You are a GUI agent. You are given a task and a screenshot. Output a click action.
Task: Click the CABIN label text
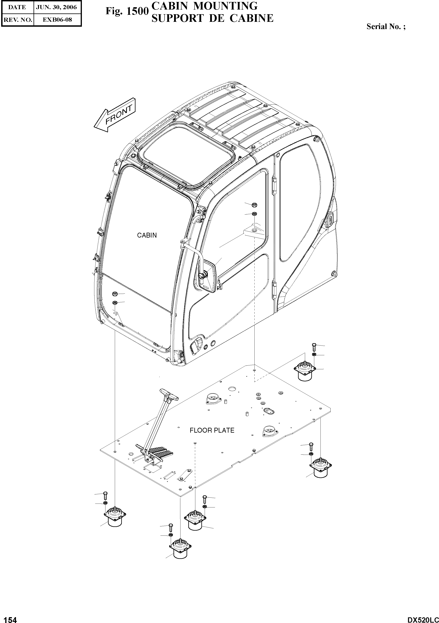coord(147,235)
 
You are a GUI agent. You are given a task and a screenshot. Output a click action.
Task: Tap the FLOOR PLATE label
coord(212,430)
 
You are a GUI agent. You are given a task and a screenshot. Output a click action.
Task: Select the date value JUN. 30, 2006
coord(57,7)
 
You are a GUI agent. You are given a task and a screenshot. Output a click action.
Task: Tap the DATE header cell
coord(17,7)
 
